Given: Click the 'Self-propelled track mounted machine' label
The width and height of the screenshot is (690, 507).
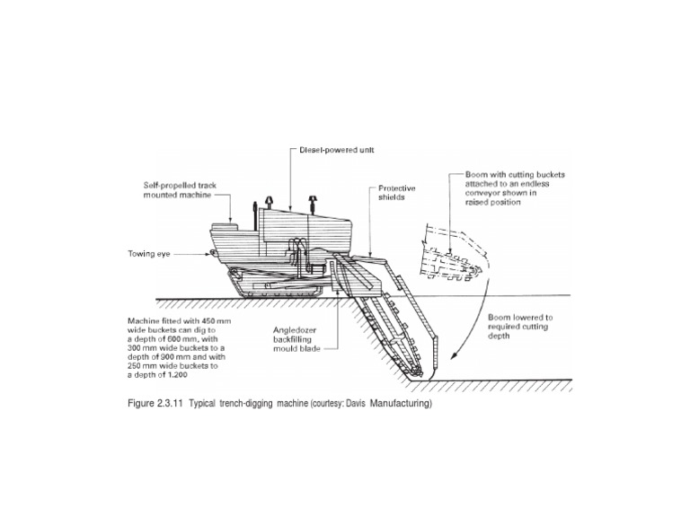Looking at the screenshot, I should [181, 189].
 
